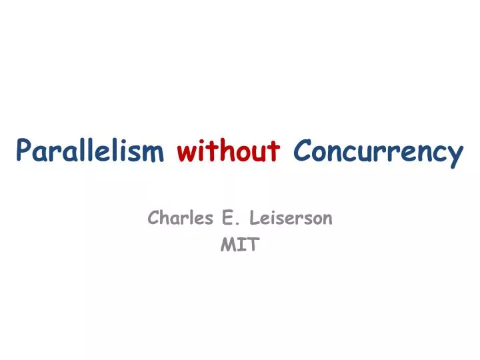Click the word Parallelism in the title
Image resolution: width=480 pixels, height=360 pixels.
coord(90,153)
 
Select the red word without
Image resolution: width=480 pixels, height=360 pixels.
coord(229,152)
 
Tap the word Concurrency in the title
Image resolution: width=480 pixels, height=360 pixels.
coord(378,153)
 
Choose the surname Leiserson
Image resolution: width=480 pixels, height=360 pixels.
coord(291,217)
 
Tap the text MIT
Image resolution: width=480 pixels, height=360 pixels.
coord(239,245)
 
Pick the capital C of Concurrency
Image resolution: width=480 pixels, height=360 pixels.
coord(301,152)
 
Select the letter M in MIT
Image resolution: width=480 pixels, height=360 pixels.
coord(227,245)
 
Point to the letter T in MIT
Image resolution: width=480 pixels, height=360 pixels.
coord(252,245)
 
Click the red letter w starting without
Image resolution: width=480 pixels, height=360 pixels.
coord(186,153)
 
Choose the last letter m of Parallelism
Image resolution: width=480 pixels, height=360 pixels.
coord(154,154)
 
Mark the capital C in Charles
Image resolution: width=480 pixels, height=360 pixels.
coord(153,217)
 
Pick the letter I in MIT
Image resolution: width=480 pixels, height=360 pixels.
coord(240,245)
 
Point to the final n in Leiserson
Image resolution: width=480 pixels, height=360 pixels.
coord(327,219)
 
